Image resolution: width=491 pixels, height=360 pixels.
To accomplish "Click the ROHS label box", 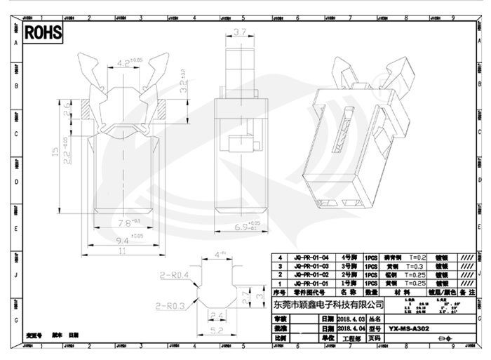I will coord(43,32).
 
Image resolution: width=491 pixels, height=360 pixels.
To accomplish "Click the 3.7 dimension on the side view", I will coord(239,32).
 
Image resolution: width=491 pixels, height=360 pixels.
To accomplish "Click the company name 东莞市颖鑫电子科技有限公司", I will coord(328,304).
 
